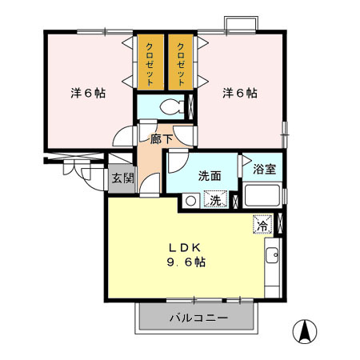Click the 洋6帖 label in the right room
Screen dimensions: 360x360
point(239,92)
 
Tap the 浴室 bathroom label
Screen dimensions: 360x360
point(265,170)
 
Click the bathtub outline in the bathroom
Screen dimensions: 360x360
point(262,196)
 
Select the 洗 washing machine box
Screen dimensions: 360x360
point(214,201)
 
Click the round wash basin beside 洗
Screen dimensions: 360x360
point(190,201)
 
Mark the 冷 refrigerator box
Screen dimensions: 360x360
point(262,224)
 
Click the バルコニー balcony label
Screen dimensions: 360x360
point(198,318)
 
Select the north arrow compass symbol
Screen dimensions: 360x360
point(305,330)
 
